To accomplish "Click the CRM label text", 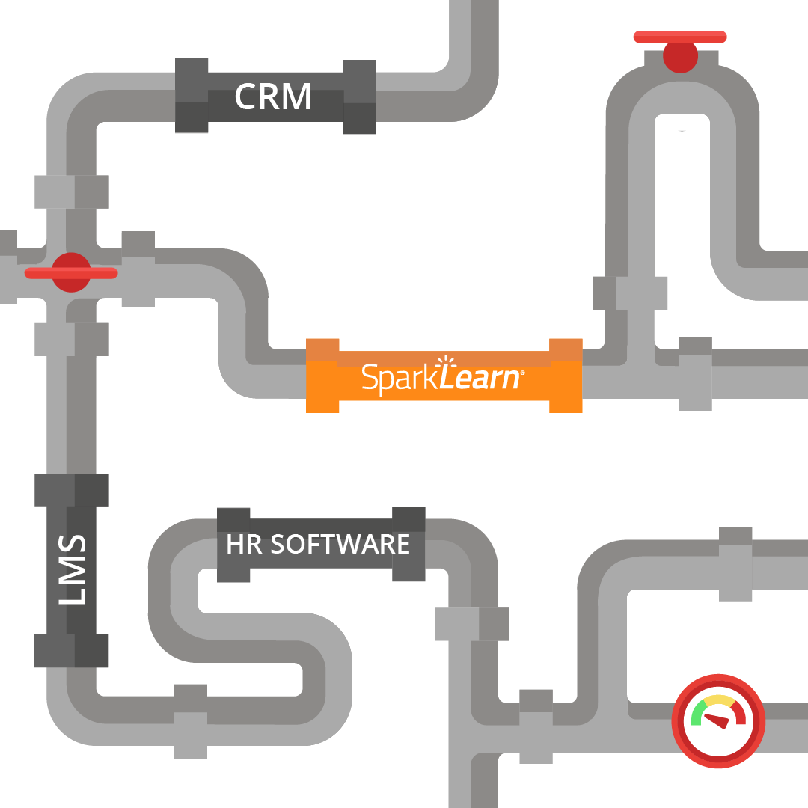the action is coord(273,97).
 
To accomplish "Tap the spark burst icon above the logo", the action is coord(446,363).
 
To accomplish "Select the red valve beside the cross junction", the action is coord(71,272).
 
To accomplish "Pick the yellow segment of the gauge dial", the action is coord(719,700).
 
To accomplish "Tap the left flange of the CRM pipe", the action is coord(192,96).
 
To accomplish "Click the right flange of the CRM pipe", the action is coord(359,97).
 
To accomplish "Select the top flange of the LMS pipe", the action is coord(72,490).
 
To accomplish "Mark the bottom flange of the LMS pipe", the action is coord(72,650).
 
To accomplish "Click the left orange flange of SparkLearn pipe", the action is coord(322,376).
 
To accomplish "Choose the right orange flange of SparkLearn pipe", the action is coord(566,376).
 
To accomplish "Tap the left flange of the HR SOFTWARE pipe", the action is coord(233,545).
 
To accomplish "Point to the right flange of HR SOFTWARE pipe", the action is coord(408,545).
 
